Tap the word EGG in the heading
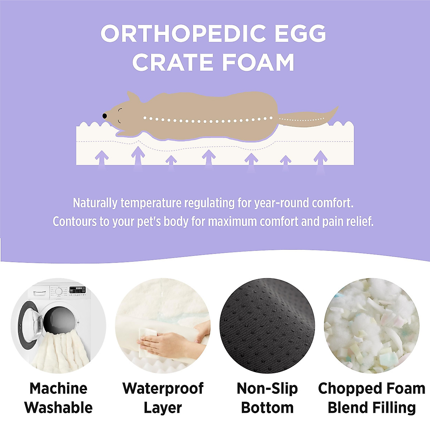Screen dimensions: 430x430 [301, 33]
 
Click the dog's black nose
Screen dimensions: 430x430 [104, 116]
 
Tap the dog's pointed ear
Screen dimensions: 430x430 [133, 97]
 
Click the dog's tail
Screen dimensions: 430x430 [308, 118]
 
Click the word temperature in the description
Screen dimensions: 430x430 [151, 203]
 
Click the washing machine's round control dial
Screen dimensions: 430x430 [59, 291]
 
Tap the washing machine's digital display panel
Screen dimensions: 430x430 [77, 290]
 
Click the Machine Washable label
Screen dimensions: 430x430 [58, 398]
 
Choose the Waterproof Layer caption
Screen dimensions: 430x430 [163, 398]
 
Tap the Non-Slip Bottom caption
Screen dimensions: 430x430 [267, 398]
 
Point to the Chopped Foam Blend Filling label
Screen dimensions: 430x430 [372, 398]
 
